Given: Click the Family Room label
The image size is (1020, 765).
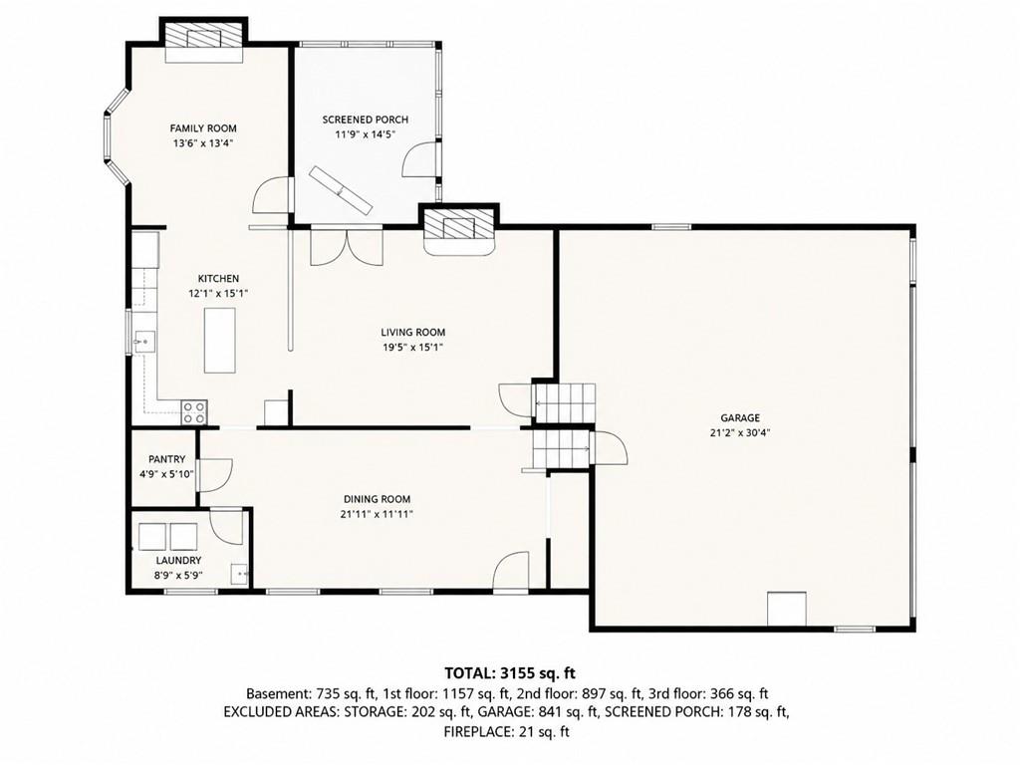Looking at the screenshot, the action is click(203, 128).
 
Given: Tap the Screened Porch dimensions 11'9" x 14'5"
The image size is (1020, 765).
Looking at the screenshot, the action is click(366, 134).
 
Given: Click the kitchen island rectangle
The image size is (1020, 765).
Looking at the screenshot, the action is click(220, 341).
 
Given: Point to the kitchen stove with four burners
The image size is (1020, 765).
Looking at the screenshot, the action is click(194, 412).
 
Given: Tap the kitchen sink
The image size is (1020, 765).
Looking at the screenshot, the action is click(144, 341).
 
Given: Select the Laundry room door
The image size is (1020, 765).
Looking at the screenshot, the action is click(227, 526).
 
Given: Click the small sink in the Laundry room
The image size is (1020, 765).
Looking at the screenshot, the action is click(240, 574).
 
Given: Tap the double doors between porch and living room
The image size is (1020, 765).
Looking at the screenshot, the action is click(346, 245).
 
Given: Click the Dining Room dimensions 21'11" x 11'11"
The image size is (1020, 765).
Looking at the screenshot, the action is click(377, 514).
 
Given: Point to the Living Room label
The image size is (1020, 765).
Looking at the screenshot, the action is click(413, 333).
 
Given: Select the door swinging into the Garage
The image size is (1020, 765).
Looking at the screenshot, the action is click(611, 446).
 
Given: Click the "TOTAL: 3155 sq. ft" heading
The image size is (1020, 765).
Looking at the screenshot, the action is click(510, 672).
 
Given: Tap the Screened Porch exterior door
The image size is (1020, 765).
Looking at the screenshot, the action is click(421, 158).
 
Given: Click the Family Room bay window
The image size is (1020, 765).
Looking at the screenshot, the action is click(117, 137).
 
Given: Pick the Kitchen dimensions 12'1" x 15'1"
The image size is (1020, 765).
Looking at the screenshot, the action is click(218, 294).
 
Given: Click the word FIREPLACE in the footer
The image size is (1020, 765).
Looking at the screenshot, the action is click(477, 732).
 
